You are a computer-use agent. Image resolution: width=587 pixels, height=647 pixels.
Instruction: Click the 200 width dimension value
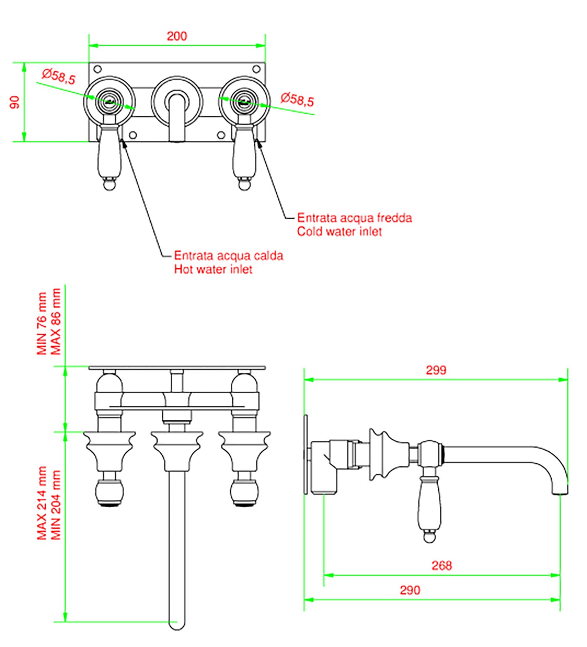[x=177, y=36]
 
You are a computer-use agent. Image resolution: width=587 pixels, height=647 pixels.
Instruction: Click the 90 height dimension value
[x=15, y=102]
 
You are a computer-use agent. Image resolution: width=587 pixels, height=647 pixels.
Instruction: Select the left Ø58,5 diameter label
[x=59, y=76]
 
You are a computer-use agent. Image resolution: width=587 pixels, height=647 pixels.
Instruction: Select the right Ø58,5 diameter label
[x=297, y=99]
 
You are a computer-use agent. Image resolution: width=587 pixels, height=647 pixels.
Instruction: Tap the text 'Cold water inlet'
[x=339, y=232]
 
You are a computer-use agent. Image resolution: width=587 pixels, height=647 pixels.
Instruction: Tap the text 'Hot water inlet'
[x=213, y=270]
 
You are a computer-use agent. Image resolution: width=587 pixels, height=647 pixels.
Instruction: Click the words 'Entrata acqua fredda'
[x=354, y=218]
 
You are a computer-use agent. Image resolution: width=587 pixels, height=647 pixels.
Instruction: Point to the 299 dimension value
[x=436, y=370]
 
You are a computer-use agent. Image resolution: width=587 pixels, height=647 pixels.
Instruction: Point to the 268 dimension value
[x=442, y=565]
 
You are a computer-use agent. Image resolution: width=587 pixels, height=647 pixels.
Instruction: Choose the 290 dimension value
[x=410, y=590]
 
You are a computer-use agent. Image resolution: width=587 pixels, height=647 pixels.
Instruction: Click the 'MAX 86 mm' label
[x=56, y=321]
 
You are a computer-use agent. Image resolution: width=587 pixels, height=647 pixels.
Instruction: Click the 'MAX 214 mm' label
[x=42, y=503]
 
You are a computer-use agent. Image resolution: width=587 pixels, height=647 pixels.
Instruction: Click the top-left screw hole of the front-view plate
[x=97, y=69]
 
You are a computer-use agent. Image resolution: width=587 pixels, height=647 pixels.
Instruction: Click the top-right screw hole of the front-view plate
[x=256, y=69]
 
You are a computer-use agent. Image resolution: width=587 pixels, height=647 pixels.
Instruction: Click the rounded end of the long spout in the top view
[x=177, y=624]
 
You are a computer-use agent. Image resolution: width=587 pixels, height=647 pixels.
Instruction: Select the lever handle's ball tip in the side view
[x=429, y=537]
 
